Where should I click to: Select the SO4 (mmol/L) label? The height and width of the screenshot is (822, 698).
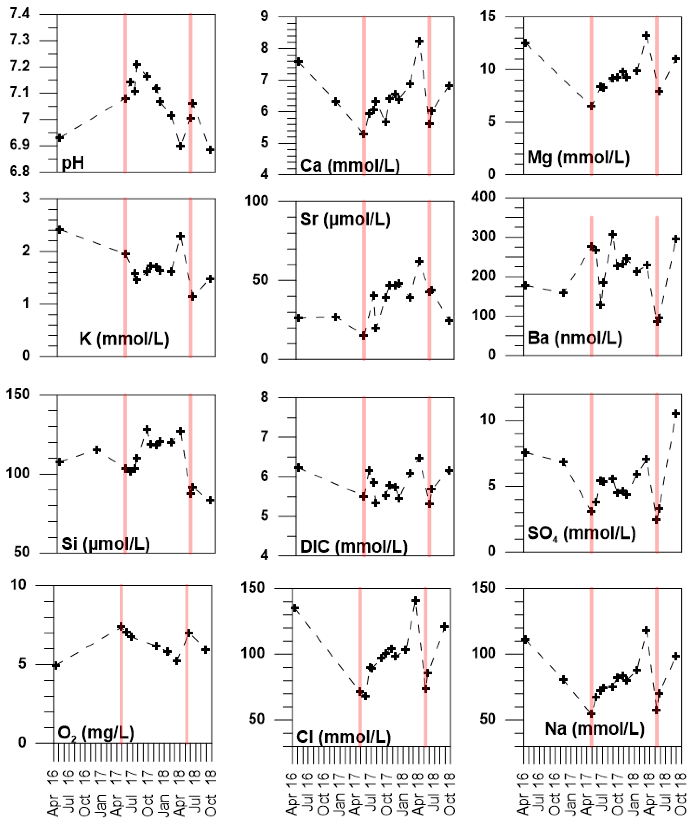581,533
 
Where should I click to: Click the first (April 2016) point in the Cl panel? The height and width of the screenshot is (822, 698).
295,608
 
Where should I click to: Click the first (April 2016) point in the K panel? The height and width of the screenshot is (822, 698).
60,230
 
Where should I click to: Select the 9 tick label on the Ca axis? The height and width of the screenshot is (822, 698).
264,17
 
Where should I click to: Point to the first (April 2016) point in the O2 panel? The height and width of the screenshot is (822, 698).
56,665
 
